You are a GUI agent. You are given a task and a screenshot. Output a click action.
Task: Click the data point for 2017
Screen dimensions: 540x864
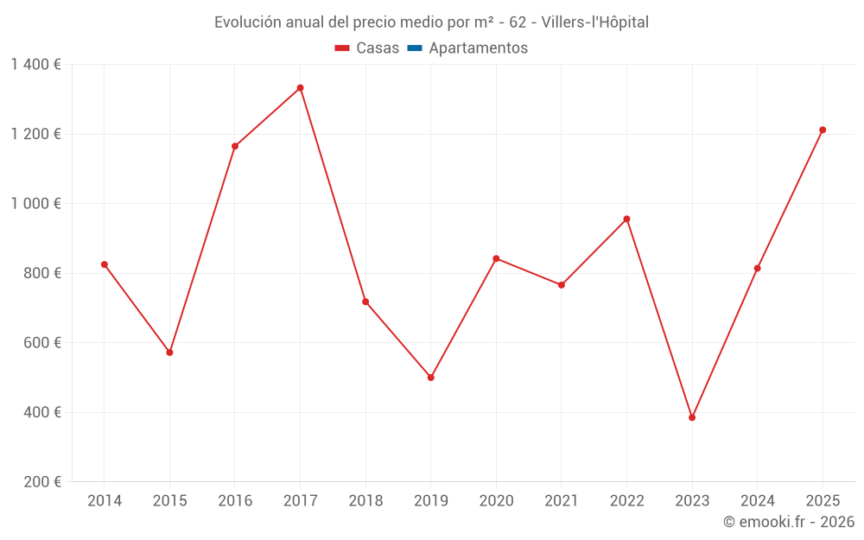coord(300,88)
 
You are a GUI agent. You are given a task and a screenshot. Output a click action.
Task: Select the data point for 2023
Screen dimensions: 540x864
coord(692,417)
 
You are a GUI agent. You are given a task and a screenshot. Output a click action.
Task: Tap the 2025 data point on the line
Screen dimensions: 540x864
coord(823,130)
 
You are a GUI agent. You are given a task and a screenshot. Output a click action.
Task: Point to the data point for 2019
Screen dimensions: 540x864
coord(430,378)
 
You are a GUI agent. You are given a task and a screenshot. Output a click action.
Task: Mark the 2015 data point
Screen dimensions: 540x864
coord(169,353)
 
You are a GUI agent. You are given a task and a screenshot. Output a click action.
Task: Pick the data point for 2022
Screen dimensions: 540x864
coord(626,219)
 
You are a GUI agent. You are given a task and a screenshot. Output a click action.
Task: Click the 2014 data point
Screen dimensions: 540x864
coord(105,264)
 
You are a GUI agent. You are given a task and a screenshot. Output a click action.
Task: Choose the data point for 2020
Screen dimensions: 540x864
coord(496,258)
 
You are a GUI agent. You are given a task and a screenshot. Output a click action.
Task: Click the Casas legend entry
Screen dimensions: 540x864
coord(367,48)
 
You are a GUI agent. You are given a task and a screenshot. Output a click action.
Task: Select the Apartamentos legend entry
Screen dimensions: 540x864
coord(467,48)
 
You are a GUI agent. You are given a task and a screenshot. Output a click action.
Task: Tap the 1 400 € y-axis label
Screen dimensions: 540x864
coord(35,65)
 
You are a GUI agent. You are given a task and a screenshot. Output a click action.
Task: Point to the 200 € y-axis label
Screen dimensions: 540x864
coord(41,482)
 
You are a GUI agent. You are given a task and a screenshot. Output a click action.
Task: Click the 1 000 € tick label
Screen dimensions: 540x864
coord(35,204)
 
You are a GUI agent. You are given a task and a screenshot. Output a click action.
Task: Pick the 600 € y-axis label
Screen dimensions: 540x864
coord(41,343)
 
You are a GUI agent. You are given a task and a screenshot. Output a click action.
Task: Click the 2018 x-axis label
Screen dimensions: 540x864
coord(365,501)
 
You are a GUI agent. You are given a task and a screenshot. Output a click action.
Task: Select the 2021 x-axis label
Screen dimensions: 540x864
coord(562,501)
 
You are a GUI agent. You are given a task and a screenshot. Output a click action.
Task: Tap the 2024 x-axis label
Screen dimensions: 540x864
coord(757,501)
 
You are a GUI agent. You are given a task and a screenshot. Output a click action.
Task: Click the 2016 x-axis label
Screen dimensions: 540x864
coord(235,501)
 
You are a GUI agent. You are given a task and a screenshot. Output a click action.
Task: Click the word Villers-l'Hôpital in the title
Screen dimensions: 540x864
coord(595,22)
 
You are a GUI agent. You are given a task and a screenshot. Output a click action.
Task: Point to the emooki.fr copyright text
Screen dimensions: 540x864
coord(789,522)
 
